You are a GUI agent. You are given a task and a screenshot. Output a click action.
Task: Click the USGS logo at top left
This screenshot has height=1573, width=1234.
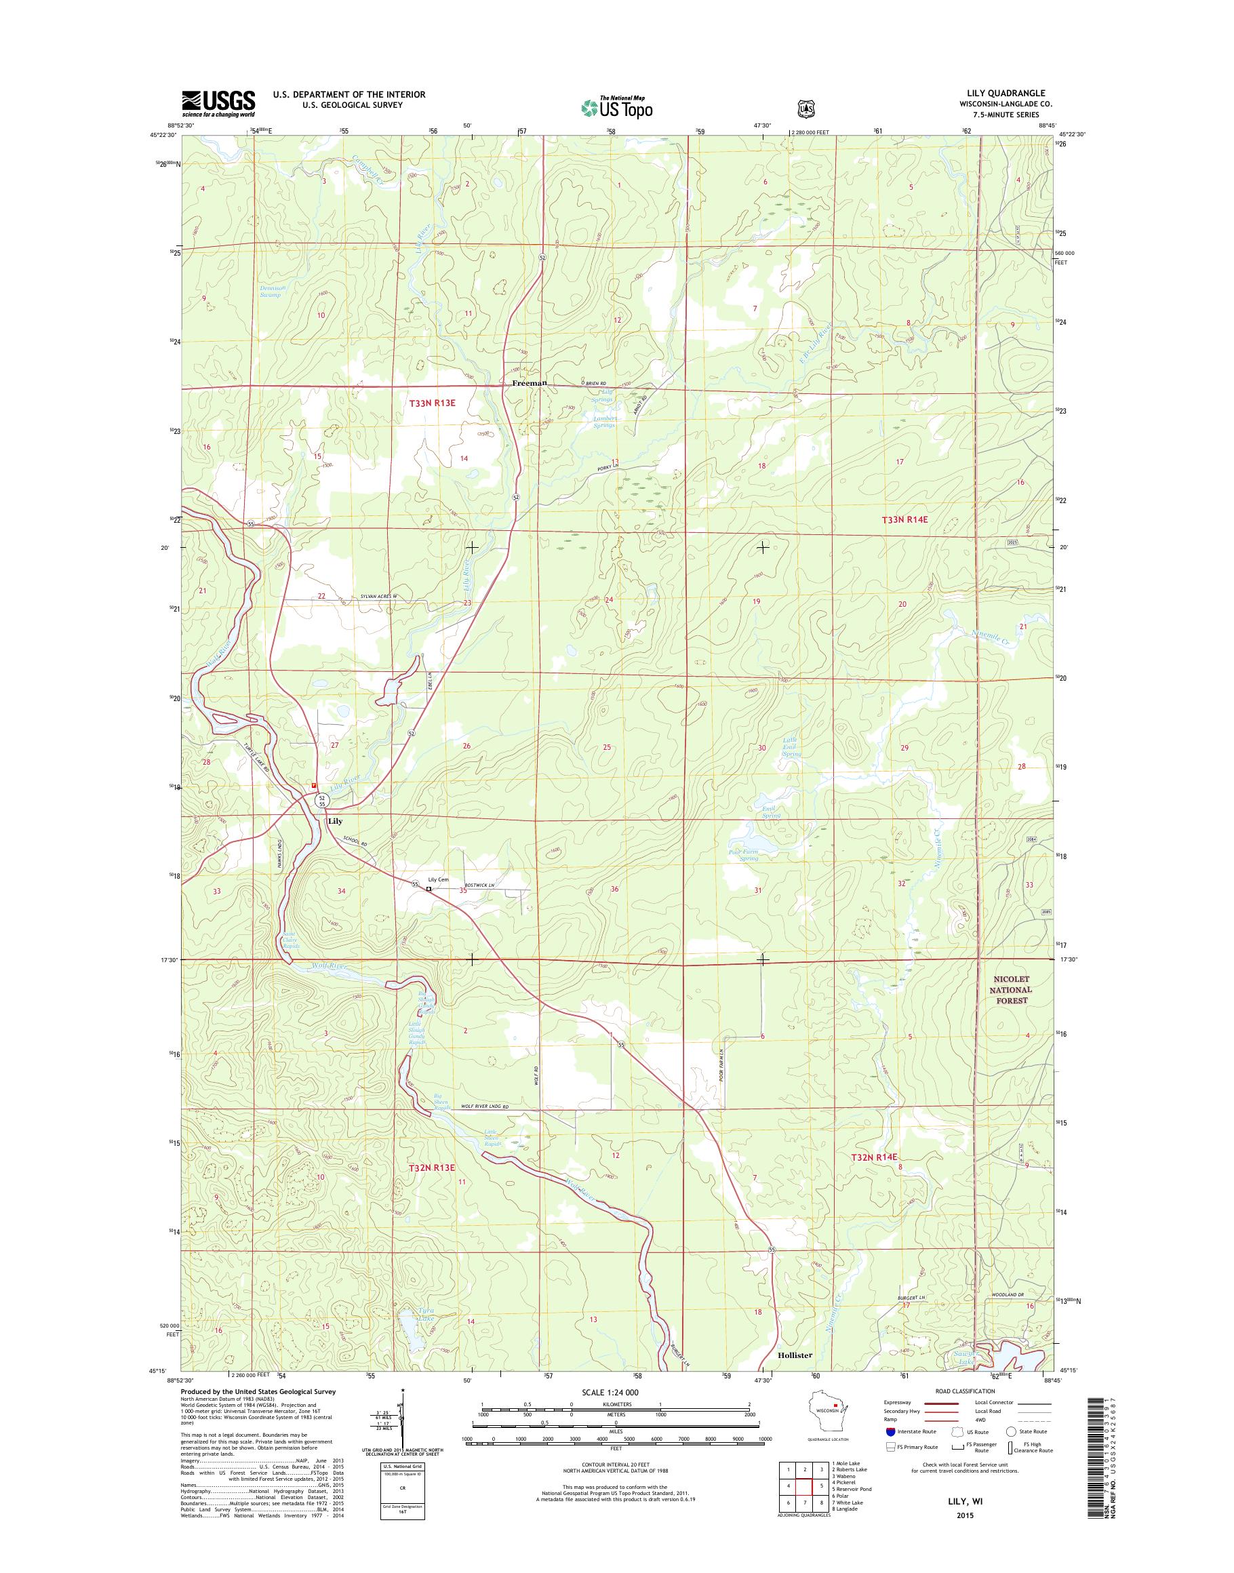[218, 103]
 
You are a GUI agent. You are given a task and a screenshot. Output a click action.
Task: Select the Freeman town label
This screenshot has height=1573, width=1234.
[529, 383]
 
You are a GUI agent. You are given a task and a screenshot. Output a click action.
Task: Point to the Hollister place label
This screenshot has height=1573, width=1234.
[795, 1355]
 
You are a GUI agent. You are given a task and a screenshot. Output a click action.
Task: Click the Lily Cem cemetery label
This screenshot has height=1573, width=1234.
[438, 879]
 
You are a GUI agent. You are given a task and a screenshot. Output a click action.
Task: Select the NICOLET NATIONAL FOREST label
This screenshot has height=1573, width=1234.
[1011, 990]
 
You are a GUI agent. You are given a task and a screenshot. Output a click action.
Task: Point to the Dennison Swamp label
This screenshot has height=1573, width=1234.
[273, 291]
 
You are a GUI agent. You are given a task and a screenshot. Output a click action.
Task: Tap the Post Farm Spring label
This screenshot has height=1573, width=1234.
[742, 855]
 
